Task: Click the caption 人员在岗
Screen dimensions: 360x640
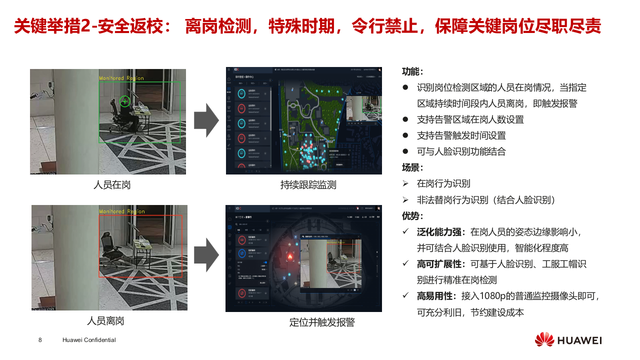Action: pyautogui.click(x=112, y=185)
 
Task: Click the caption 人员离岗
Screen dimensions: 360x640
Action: pyautogui.click(x=105, y=321)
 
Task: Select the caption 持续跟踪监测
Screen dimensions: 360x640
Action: pyautogui.click(x=308, y=185)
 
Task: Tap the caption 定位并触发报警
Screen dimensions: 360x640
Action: pyautogui.click(x=322, y=322)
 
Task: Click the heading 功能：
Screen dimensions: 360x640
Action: pyautogui.click(x=412, y=71)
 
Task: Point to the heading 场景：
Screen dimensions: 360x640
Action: pyautogui.click(x=412, y=167)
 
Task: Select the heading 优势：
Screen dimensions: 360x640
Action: pyautogui.click(x=412, y=216)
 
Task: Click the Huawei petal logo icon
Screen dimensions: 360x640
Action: pyautogui.click(x=544, y=340)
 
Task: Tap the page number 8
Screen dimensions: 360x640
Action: pyautogui.click(x=40, y=340)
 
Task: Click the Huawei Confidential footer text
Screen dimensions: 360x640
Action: pyautogui.click(x=89, y=340)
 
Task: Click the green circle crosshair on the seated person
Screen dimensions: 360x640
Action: pyautogui.click(x=124, y=101)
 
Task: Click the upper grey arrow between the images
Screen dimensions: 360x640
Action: pyautogui.click(x=206, y=120)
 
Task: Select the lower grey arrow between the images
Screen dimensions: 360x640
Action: pyautogui.click(x=206, y=255)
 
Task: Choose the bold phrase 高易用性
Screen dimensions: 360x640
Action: pyautogui.click(x=434, y=296)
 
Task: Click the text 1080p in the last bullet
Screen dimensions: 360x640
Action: pyautogui.click(x=509, y=296)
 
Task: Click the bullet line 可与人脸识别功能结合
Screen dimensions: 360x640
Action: pyautogui.click(x=461, y=151)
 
